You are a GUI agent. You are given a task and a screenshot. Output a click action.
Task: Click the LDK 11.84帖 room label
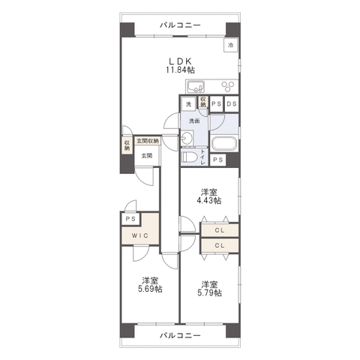click(180, 65)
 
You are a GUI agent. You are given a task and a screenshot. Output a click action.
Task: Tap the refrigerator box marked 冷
click(230, 45)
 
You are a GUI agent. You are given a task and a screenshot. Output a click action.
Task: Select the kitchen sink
click(196, 87)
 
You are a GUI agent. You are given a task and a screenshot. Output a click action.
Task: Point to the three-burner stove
click(229, 86)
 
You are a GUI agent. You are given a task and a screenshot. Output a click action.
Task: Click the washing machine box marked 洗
click(188, 104)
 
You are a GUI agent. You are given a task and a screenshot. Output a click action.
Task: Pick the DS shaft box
click(232, 103)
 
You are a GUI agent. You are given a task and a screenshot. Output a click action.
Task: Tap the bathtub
click(224, 143)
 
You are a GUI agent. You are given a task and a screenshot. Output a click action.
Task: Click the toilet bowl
click(189, 157)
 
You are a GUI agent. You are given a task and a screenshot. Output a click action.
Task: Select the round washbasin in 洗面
click(186, 137)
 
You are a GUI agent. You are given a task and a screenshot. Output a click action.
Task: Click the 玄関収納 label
click(148, 141)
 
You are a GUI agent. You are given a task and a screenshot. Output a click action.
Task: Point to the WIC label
click(140, 235)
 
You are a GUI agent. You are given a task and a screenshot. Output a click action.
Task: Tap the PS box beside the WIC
click(130, 219)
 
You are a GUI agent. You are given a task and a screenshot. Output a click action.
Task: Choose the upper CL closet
click(220, 230)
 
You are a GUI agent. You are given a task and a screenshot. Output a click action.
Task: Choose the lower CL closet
click(220, 245)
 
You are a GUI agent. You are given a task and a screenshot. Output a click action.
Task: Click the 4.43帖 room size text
click(209, 200)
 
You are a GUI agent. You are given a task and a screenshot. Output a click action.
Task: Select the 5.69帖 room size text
click(150, 289)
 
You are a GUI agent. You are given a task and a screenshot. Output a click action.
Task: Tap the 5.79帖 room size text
click(209, 292)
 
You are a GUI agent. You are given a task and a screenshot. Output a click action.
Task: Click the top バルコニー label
click(180, 25)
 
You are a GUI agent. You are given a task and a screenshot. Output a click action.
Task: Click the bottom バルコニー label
click(180, 335)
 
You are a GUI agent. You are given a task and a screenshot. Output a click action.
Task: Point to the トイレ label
click(202, 157)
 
